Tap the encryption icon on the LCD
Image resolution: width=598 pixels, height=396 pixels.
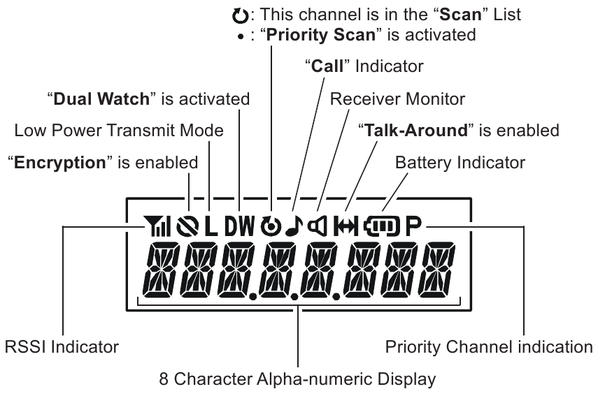click(189, 226)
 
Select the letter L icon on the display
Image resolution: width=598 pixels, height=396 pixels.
click(211, 226)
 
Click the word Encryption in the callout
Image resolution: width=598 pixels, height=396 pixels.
click(56, 163)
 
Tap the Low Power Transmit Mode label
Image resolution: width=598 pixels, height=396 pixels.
click(119, 131)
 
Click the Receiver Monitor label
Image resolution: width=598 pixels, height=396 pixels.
click(397, 98)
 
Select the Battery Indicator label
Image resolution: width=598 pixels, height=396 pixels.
click(460, 162)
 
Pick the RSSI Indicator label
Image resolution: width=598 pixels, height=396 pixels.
click(62, 346)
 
